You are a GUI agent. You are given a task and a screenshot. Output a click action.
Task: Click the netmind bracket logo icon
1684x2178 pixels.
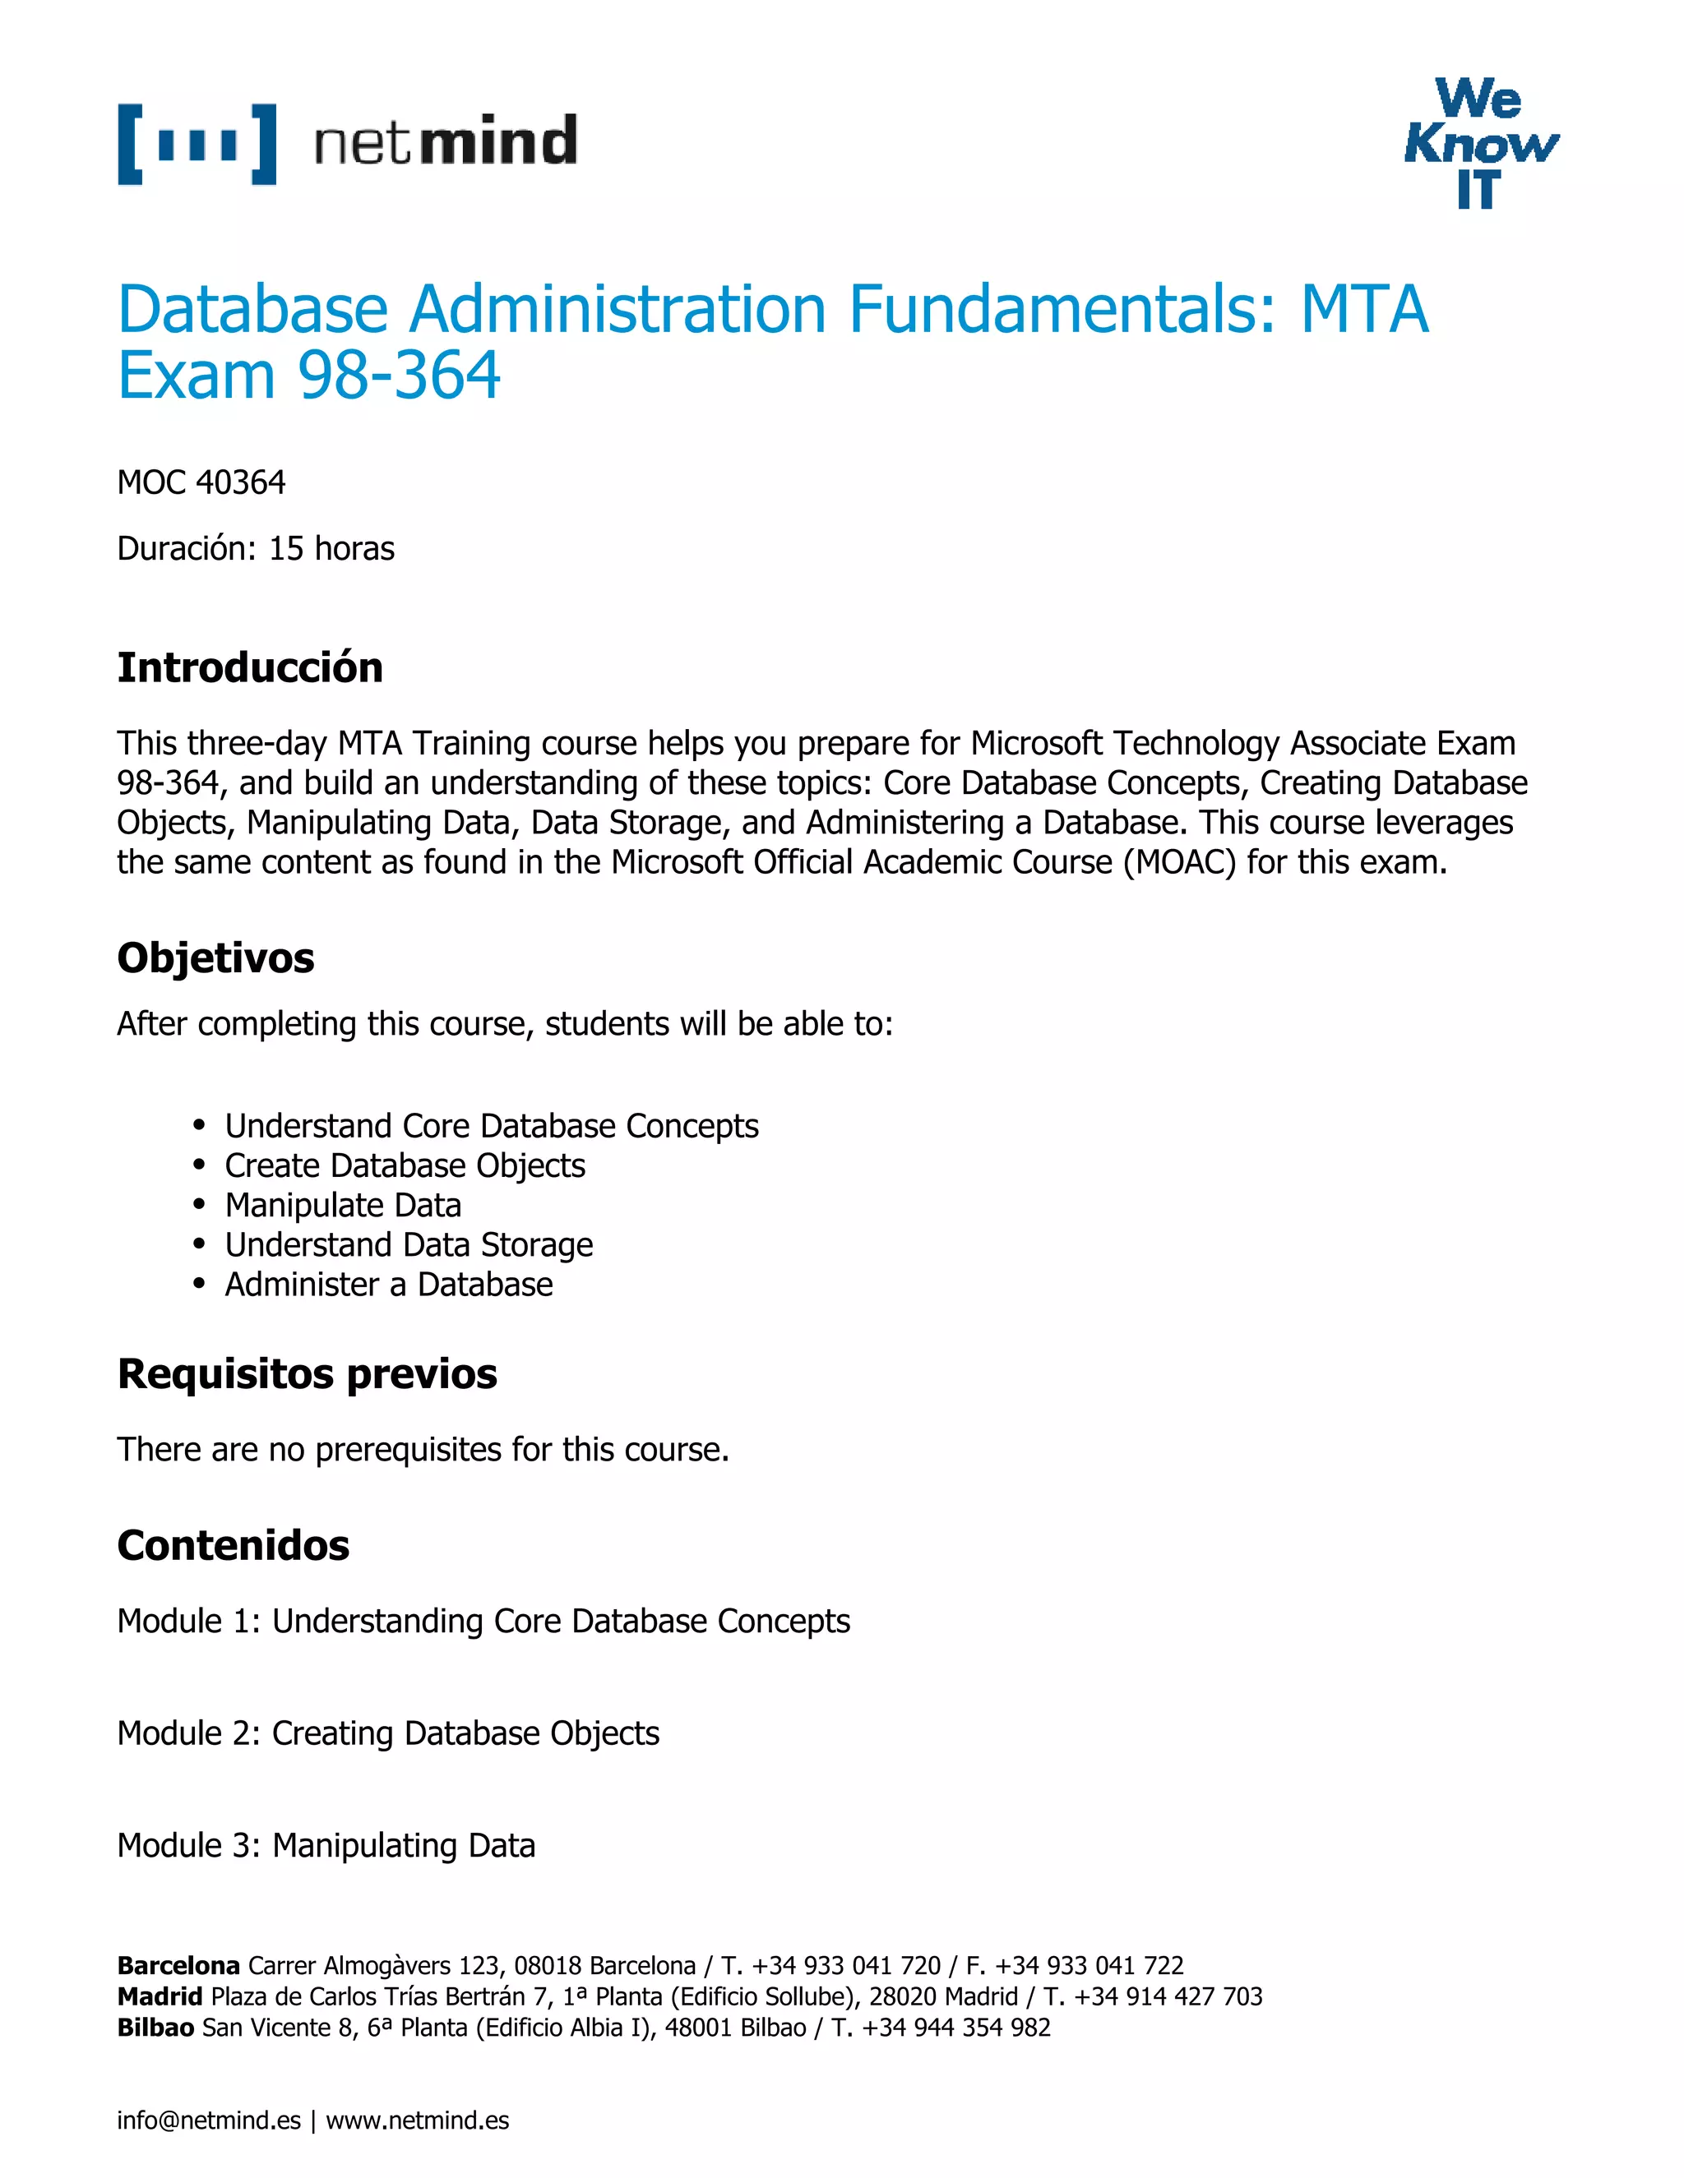(x=197, y=144)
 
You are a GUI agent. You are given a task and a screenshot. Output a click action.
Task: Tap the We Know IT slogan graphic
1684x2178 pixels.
(x=1480, y=144)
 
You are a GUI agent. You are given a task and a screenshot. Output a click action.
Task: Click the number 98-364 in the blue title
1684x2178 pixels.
(x=398, y=376)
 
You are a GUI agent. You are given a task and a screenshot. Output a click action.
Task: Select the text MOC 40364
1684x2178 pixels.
(x=201, y=482)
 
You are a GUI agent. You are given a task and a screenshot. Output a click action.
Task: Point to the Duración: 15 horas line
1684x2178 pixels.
(x=256, y=548)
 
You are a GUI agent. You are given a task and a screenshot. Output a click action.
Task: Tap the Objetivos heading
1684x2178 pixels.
(x=215, y=957)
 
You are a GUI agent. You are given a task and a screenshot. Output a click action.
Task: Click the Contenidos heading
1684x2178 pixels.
(x=233, y=1545)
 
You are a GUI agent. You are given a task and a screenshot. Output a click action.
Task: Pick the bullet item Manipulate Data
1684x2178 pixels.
(x=342, y=1205)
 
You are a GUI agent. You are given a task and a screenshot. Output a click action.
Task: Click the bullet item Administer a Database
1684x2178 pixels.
(x=388, y=1285)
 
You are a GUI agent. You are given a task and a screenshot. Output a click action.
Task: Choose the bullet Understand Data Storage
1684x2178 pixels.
(x=408, y=1244)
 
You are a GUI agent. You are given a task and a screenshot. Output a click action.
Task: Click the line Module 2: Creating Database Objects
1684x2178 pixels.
(x=388, y=1733)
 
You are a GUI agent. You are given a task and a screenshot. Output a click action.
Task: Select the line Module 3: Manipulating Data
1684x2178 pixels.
(x=326, y=1845)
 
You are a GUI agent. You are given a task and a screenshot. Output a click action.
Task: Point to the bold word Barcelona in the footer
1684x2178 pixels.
(x=178, y=1966)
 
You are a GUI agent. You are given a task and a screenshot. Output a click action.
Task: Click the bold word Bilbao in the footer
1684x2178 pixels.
(x=155, y=2028)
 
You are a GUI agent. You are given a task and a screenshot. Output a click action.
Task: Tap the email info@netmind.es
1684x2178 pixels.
(x=209, y=2120)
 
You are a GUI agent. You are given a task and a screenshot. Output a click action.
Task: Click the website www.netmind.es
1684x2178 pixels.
(x=417, y=2120)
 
